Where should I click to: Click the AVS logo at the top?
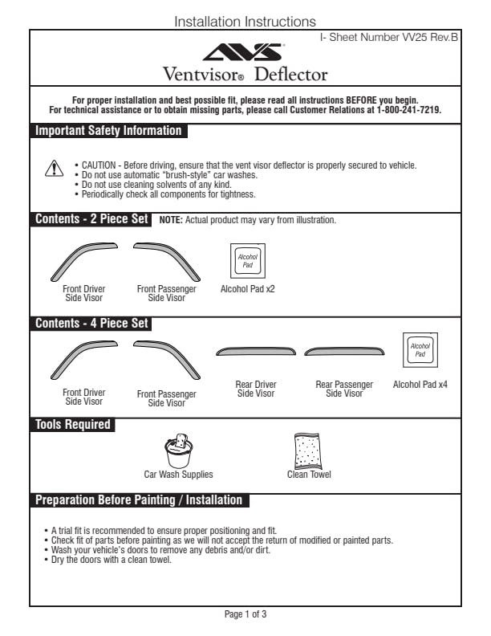[245, 52]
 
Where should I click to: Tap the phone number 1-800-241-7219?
[408, 109]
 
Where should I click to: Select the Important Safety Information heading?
[108, 131]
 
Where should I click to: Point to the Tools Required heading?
[73, 424]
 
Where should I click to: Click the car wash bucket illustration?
[177, 450]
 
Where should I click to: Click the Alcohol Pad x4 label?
[420, 385]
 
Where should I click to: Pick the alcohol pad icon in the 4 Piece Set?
[420, 349]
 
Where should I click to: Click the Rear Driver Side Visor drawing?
[255, 352]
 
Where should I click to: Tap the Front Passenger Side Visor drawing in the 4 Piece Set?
[166, 357]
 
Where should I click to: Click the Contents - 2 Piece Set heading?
[92, 219]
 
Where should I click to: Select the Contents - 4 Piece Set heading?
[92, 324]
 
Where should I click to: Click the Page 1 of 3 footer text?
[245, 614]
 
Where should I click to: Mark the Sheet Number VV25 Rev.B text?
[389, 38]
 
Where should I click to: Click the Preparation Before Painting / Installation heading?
[139, 499]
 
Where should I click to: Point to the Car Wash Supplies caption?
[178, 475]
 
